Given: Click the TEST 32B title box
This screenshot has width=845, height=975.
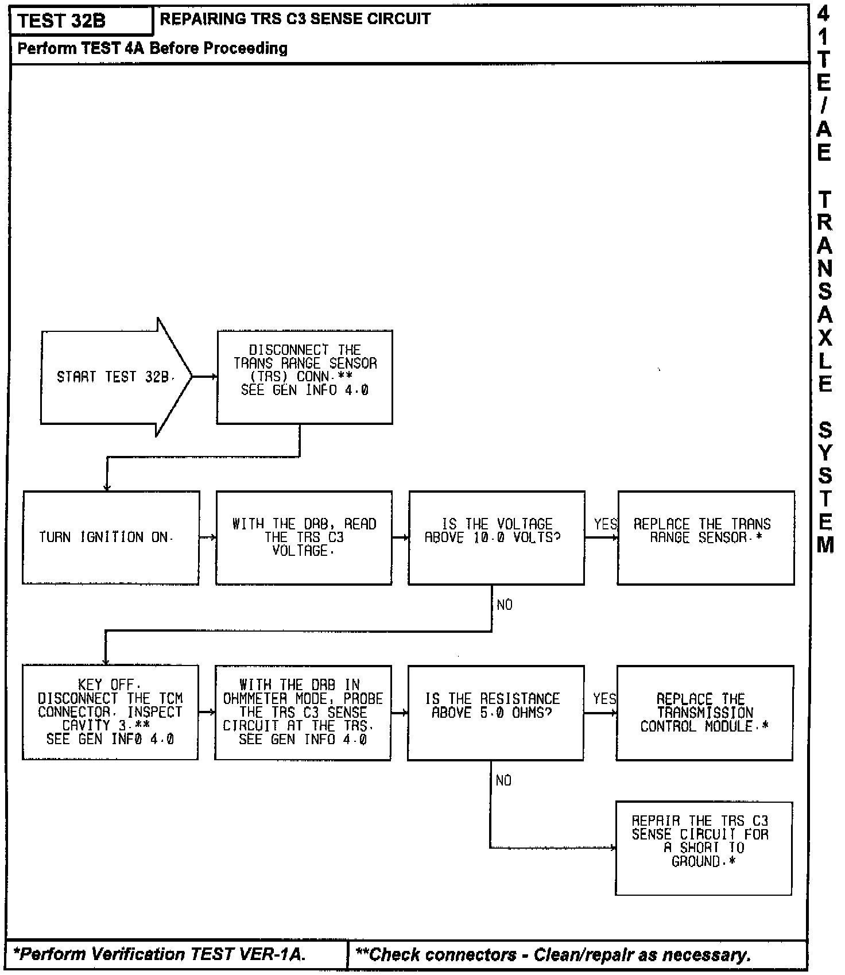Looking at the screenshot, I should [x=80, y=21].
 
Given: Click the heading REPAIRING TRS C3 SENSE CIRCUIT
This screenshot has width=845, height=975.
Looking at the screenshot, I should [x=295, y=19].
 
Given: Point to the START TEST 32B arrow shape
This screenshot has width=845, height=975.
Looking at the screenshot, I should [x=115, y=377].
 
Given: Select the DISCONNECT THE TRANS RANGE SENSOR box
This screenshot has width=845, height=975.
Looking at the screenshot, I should [x=304, y=377].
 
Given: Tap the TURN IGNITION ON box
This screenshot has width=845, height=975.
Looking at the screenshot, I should [x=111, y=537].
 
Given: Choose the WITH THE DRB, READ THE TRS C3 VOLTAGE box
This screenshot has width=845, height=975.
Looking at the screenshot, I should [x=304, y=537].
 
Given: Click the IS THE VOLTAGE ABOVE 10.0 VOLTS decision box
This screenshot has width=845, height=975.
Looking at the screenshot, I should [x=497, y=537].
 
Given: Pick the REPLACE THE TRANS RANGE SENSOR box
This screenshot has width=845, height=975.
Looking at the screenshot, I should [x=706, y=537].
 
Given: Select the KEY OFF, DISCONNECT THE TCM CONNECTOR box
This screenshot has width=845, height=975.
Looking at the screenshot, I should [x=110, y=712].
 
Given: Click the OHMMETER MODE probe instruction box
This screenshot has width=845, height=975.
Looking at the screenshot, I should [x=303, y=712].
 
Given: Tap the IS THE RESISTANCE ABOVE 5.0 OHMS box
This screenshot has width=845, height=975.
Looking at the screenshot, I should [x=496, y=712].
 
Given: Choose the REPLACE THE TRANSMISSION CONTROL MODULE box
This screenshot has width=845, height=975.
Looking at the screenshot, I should [x=704, y=713].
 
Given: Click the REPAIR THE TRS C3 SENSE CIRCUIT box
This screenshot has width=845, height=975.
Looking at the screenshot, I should [x=703, y=848].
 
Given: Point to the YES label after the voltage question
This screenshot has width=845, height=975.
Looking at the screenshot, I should [x=605, y=524].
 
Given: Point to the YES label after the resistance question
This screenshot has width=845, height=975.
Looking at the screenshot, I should [x=604, y=699].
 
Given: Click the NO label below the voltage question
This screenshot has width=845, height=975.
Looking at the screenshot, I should [x=505, y=605].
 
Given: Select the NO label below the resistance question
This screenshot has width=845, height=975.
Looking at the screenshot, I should [x=503, y=780].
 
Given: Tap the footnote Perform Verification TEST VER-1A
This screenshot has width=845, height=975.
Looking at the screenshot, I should [x=160, y=954].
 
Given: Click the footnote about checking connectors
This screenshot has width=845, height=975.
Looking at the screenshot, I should [x=553, y=955].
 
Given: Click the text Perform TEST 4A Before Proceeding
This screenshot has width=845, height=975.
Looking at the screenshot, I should [x=153, y=48].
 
